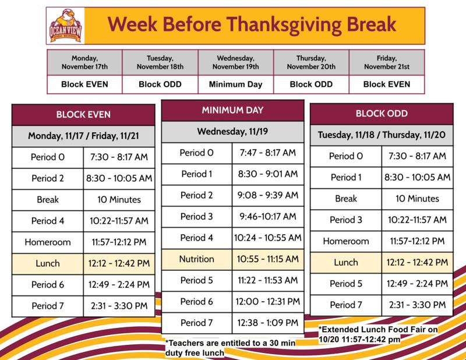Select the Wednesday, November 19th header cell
(x=235, y=62)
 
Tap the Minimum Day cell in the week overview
(x=235, y=84)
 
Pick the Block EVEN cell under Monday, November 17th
(x=85, y=84)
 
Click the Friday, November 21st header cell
(x=386, y=62)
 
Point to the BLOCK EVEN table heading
(x=83, y=114)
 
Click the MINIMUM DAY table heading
(x=233, y=110)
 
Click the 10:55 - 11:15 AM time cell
(x=269, y=259)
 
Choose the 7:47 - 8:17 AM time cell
(x=269, y=153)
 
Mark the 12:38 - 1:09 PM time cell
(x=269, y=322)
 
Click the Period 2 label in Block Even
(x=48, y=178)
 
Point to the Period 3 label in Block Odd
(x=345, y=220)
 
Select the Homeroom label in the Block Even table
(x=48, y=241)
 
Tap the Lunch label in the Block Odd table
(x=345, y=263)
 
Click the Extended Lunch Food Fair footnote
(x=379, y=334)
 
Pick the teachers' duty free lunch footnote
(x=231, y=347)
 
